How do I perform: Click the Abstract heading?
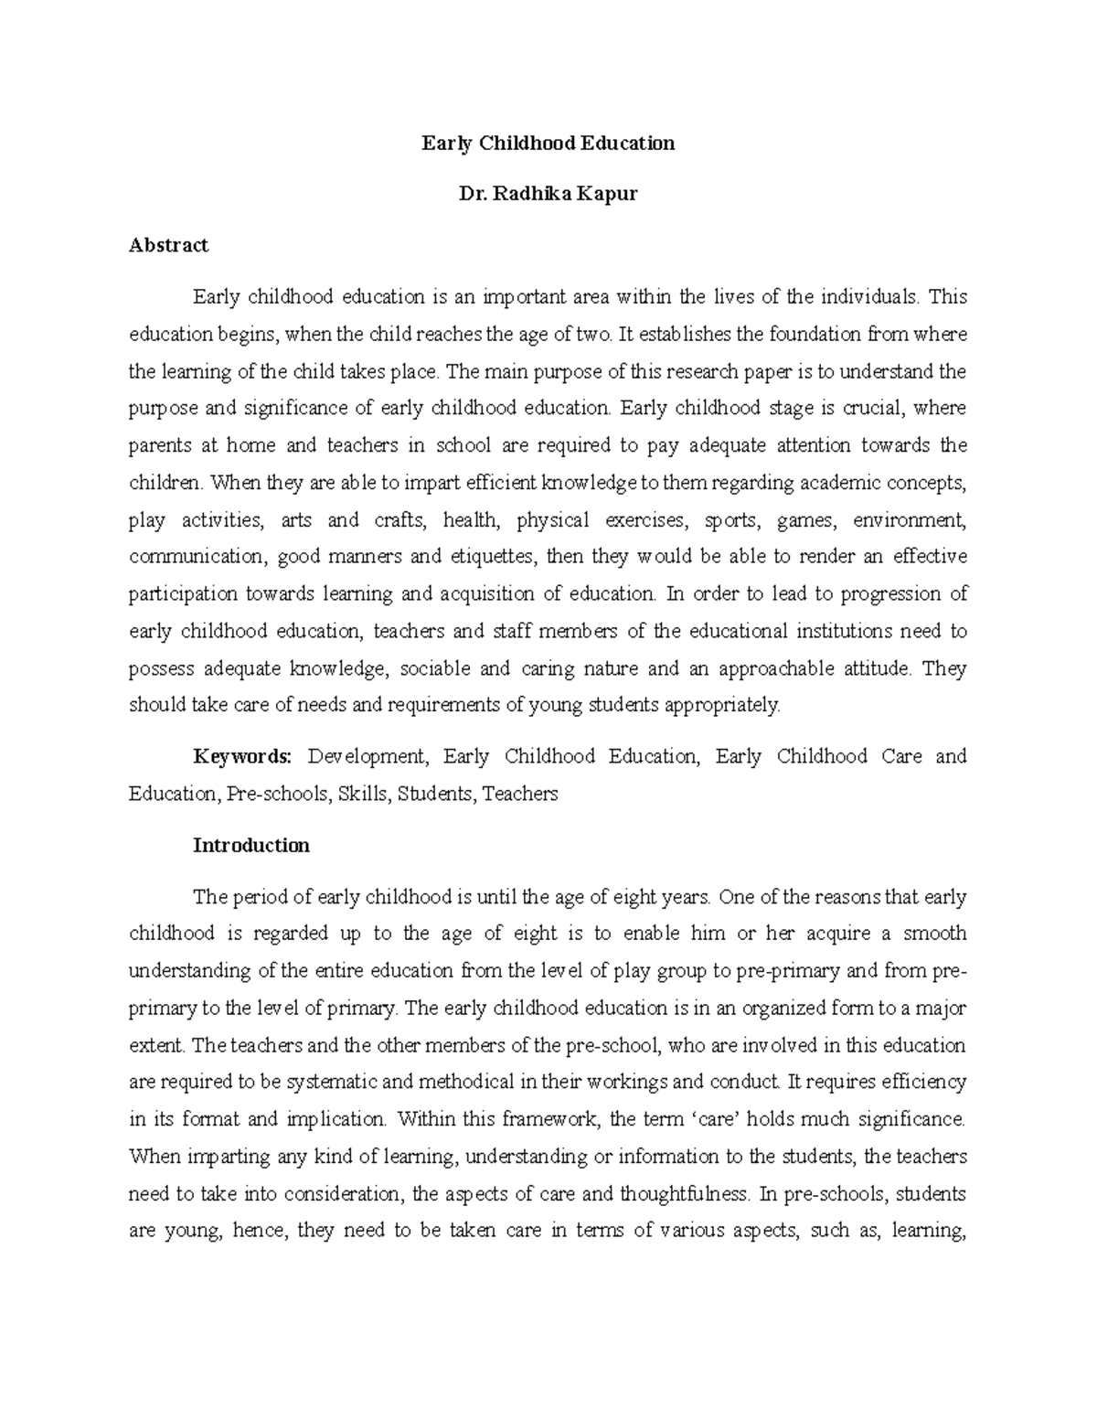point(168,245)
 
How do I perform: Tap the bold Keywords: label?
point(242,756)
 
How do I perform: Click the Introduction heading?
point(250,845)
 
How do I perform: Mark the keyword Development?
point(367,756)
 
